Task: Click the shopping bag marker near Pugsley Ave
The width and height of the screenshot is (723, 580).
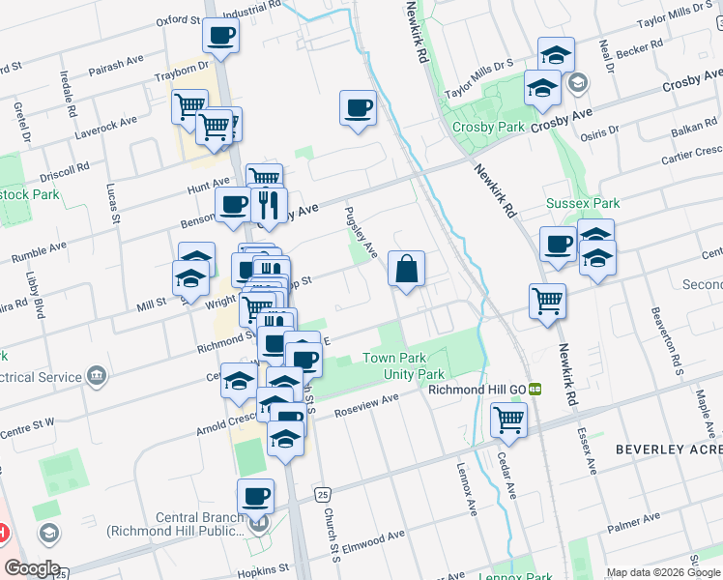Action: pyautogui.click(x=407, y=269)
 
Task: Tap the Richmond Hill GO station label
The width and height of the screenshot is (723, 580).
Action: pyautogui.click(x=477, y=389)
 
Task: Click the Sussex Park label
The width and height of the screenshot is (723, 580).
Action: pyautogui.click(x=582, y=203)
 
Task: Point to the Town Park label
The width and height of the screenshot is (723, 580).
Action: pyautogui.click(x=393, y=359)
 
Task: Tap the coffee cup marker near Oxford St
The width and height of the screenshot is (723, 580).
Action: pyautogui.click(x=220, y=36)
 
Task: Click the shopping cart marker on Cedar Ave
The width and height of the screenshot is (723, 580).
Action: pyautogui.click(x=507, y=420)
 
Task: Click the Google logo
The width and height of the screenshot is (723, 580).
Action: pyautogui.click(x=31, y=568)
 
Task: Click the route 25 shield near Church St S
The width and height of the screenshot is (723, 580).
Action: pyautogui.click(x=322, y=495)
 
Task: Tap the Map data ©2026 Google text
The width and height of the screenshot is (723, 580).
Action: pyautogui.click(x=661, y=572)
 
